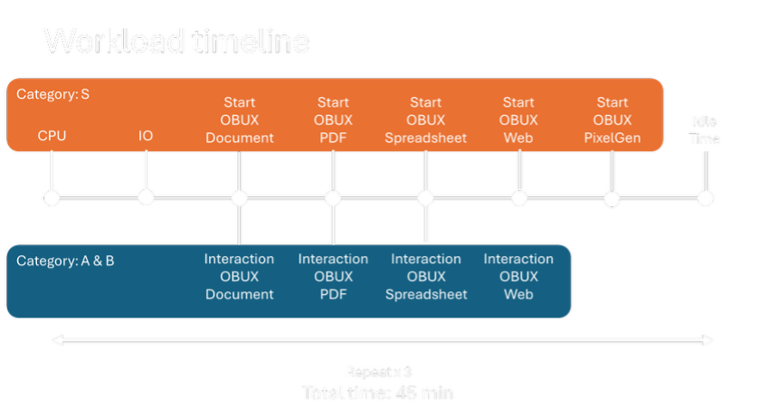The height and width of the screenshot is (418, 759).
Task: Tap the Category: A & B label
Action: pyautogui.click(x=65, y=261)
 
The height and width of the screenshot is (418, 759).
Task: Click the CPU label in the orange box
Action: pyautogui.click(x=52, y=136)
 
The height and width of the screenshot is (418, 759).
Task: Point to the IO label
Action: pyautogui.click(x=146, y=136)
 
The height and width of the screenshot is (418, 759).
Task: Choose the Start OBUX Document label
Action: pyautogui.click(x=240, y=120)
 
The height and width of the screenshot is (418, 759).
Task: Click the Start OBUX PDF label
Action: pyautogui.click(x=333, y=120)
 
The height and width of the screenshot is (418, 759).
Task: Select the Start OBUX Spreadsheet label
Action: pyautogui.click(x=426, y=120)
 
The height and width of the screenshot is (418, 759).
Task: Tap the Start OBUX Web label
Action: pyautogui.click(x=518, y=120)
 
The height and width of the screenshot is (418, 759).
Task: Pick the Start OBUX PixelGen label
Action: pyautogui.click(x=612, y=120)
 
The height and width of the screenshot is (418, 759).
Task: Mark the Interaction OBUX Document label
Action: pyautogui.click(x=240, y=277)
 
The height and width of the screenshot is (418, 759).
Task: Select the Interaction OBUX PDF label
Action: pyautogui.click(x=333, y=277)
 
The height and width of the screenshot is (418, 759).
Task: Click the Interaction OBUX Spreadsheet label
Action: pyautogui.click(x=426, y=277)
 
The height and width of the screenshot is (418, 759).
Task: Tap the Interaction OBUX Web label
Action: pyautogui.click(x=518, y=277)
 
